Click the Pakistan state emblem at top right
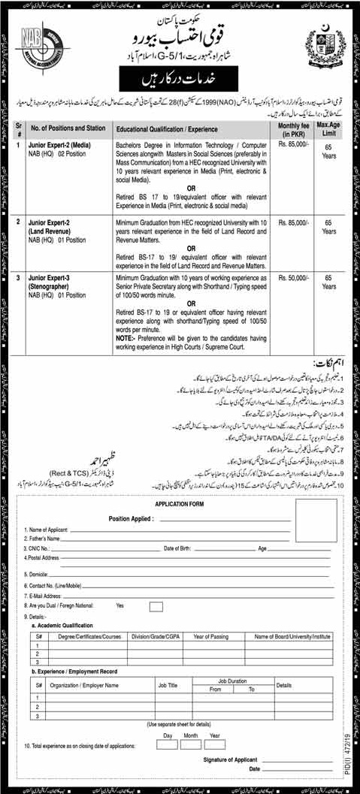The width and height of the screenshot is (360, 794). point(321,47)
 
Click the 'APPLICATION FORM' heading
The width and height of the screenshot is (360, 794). point(180,505)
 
